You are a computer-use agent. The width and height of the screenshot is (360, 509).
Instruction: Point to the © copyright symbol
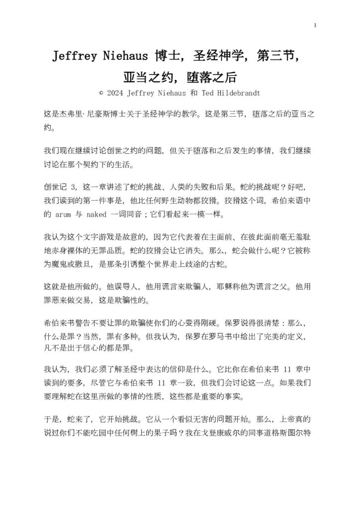[x=101, y=93]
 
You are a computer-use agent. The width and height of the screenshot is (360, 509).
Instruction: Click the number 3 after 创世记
[x=73, y=188]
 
